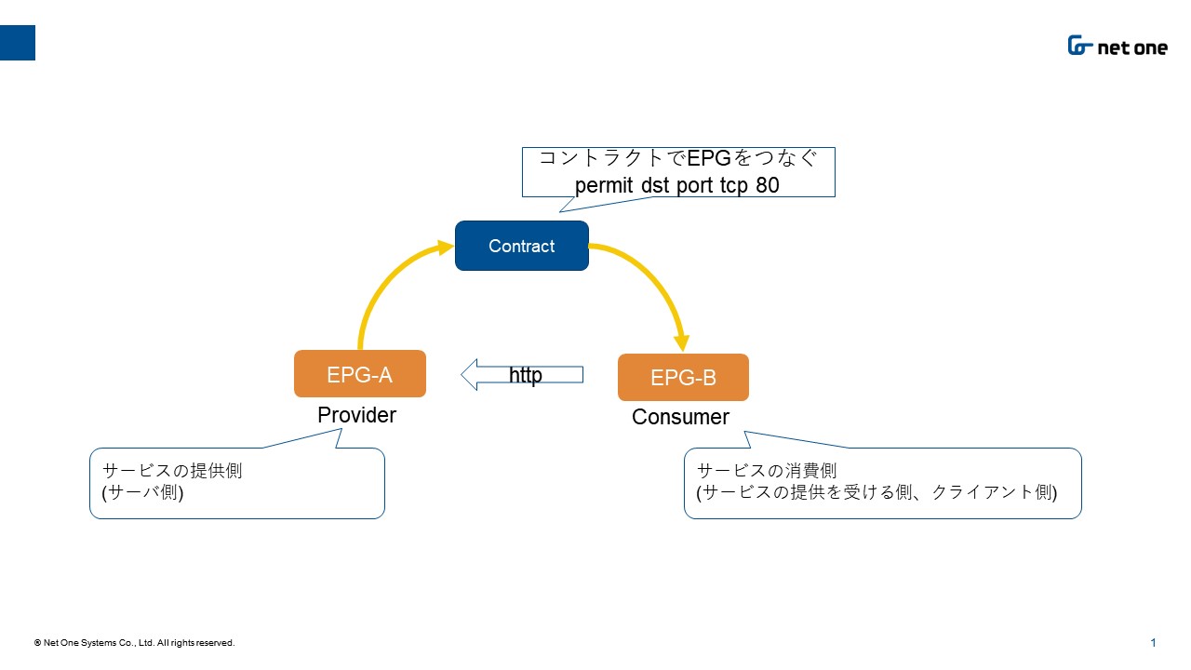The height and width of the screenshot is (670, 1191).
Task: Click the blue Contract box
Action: tap(522, 246)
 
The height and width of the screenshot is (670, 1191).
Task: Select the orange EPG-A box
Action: tap(360, 374)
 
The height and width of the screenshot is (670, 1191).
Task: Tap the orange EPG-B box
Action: tap(683, 377)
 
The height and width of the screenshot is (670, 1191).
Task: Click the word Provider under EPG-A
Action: tap(356, 415)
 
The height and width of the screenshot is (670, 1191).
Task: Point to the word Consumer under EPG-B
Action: tap(680, 417)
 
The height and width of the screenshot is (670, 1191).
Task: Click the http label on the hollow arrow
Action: tap(526, 375)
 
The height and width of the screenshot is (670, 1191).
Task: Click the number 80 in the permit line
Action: tap(768, 185)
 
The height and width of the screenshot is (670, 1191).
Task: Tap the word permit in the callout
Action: tap(604, 186)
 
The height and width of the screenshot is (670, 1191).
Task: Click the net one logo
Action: tap(1117, 46)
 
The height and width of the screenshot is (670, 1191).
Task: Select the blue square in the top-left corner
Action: tap(18, 43)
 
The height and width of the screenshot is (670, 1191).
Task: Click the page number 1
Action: tap(1153, 642)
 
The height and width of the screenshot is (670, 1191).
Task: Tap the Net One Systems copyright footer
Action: tap(135, 642)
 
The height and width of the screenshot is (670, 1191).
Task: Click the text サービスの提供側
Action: tap(172, 471)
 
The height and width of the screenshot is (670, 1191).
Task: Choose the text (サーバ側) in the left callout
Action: tap(142, 492)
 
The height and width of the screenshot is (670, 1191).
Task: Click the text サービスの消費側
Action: tap(766, 471)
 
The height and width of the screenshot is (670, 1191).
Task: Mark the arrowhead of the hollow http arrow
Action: tap(468, 374)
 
